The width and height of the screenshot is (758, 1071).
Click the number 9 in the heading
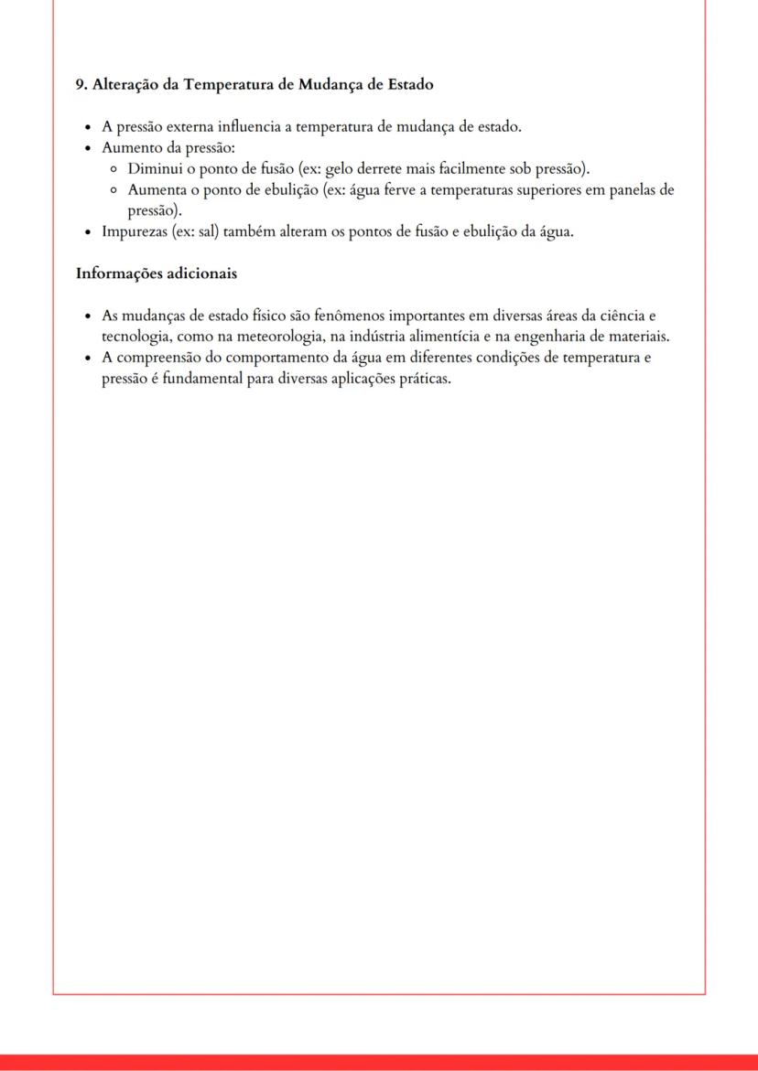click(80, 84)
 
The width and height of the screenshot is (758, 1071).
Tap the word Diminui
click(155, 169)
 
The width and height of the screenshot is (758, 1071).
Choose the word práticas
click(426, 379)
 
